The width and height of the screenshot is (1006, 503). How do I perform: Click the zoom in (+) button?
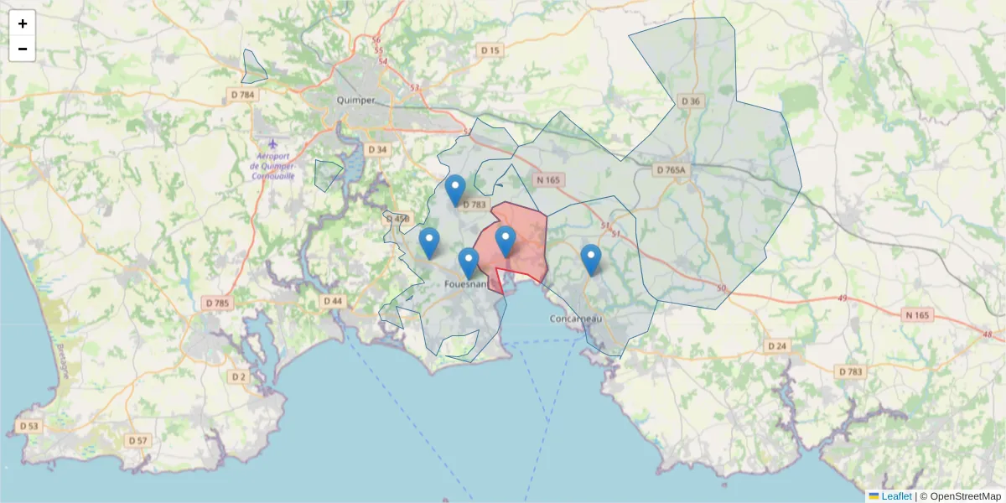[x=23, y=23]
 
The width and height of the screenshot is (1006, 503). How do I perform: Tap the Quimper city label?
[x=355, y=100]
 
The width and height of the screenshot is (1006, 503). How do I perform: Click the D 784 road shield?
[x=242, y=95]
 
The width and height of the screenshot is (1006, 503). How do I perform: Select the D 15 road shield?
[x=490, y=50]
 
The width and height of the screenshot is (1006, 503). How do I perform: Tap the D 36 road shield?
[x=690, y=101]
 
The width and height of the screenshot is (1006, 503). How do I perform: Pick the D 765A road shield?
[x=671, y=170]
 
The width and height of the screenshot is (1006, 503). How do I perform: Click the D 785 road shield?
[x=216, y=303]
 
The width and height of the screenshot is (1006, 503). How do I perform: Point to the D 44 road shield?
[x=333, y=301]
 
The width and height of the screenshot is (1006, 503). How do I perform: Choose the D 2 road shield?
[x=239, y=376]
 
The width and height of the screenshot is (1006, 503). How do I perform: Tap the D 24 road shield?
[x=776, y=345]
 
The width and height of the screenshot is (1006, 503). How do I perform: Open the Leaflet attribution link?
[x=895, y=496]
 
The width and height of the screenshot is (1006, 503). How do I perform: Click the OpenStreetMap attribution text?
[x=964, y=496]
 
